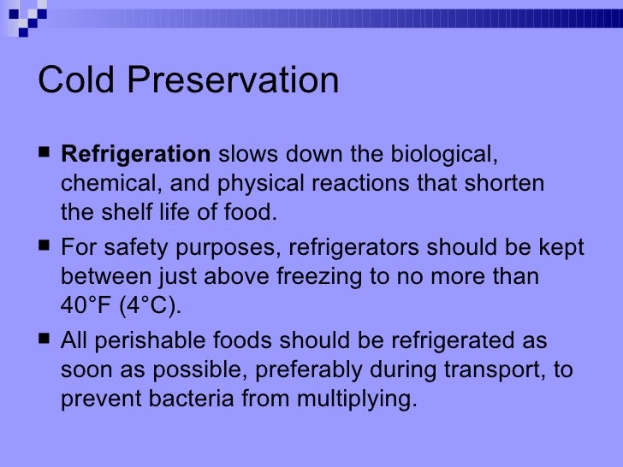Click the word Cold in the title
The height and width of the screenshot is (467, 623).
[78, 81]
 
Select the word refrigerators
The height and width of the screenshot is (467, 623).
[356, 249]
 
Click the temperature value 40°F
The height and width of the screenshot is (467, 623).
[86, 305]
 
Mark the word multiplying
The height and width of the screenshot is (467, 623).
[354, 397]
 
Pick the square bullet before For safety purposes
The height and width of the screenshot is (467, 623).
[44, 249]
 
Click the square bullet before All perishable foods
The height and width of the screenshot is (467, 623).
[44, 341]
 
